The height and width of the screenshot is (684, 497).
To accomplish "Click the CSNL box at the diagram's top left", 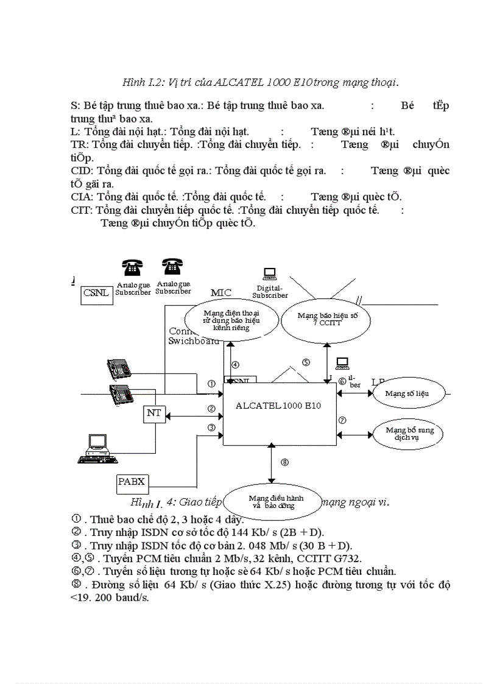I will click(x=97, y=293).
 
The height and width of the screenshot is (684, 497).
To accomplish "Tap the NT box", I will click(x=154, y=414).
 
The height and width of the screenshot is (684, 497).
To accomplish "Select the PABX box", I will click(x=132, y=482).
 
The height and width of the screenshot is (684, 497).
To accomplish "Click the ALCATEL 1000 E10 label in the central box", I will click(x=278, y=406).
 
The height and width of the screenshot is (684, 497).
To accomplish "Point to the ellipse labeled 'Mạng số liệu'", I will click(x=407, y=393).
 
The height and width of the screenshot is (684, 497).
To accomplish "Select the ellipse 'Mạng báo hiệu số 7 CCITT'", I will click(x=320, y=319).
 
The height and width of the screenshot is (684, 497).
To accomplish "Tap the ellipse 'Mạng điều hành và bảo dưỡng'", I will click(x=272, y=501).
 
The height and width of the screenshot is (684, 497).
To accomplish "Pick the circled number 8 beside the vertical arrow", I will click(x=284, y=462).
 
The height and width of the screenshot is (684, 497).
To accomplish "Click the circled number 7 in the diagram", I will click(x=342, y=420).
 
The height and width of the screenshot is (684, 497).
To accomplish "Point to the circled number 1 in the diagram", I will click(x=211, y=384).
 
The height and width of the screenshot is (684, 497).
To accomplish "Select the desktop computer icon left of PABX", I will click(x=97, y=446).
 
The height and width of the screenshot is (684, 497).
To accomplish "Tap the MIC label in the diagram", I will click(x=221, y=292).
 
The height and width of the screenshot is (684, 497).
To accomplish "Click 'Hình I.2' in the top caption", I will click(x=141, y=82).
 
